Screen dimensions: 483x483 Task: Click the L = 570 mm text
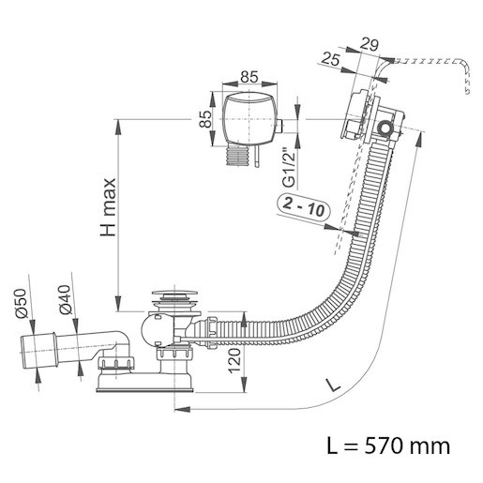coord(388,445)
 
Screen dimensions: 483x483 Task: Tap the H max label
coord(108,207)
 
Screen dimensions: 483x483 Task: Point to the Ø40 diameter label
coord(66,299)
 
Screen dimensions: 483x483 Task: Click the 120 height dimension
coord(234,361)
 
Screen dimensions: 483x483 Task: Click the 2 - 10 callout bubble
coord(304,207)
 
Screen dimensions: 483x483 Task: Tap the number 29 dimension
coord(369,44)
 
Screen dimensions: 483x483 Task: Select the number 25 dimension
coord(330,58)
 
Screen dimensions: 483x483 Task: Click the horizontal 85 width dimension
coord(249,77)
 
